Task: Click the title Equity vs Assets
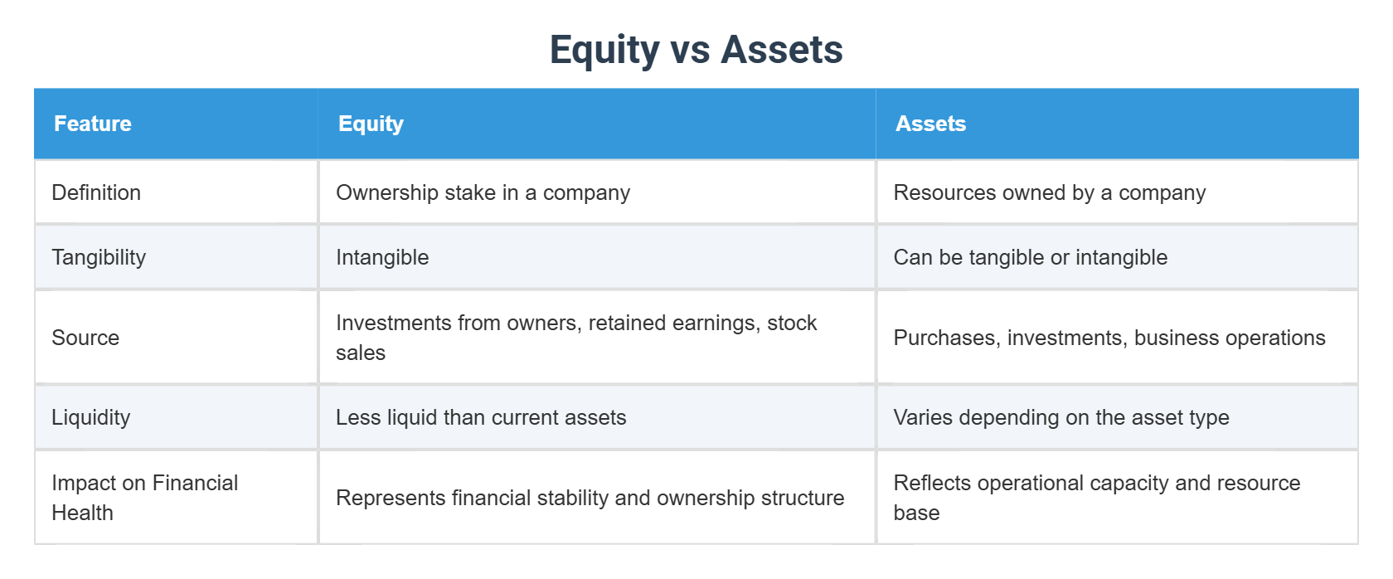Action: point(696,49)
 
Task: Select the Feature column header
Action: point(93,124)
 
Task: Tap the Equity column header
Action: point(371,124)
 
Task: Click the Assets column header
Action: point(930,124)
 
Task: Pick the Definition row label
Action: point(96,192)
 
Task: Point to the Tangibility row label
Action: point(99,257)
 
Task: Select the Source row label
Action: point(85,338)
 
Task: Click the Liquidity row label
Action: point(91,417)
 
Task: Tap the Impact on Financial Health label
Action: point(144,497)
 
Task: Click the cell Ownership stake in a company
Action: point(483,192)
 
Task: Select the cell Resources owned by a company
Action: point(1049,192)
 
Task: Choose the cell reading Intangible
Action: point(382,257)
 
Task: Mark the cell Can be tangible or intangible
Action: point(1030,257)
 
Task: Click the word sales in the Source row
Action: point(361,353)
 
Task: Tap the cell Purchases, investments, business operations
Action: point(1109,338)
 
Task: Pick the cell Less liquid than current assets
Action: point(481,417)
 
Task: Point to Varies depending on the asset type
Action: point(1061,417)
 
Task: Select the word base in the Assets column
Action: point(916,513)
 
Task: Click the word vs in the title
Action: point(690,49)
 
